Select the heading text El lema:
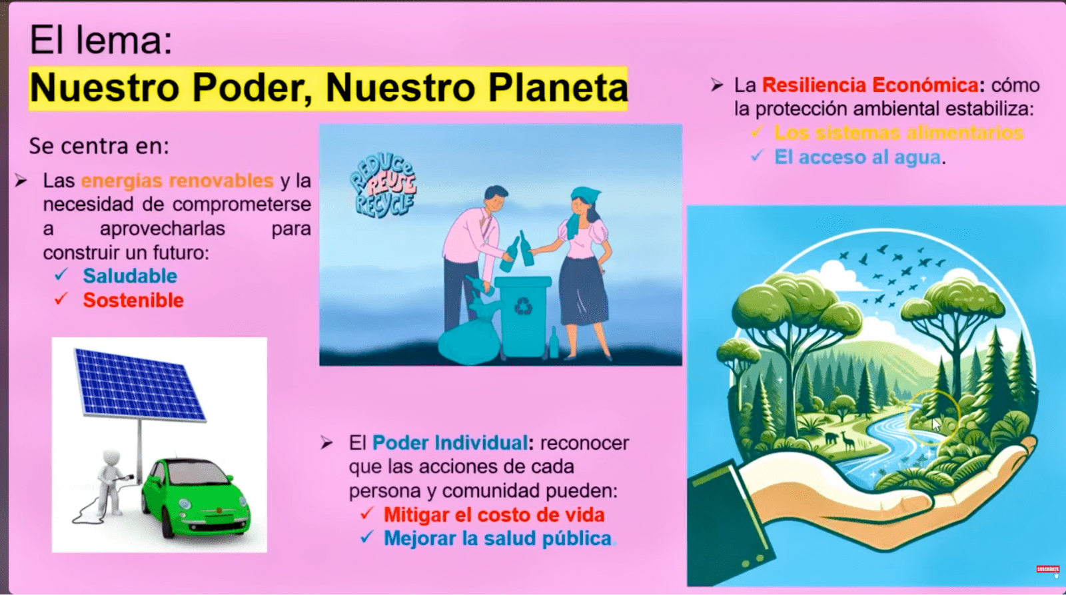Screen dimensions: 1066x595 click(101, 41)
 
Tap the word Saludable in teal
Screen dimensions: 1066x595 click(130, 276)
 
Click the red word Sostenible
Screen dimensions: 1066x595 click(133, 300)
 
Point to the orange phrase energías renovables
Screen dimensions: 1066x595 click(177, 181)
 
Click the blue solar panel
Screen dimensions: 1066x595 click(139, 384)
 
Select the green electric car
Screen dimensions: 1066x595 click(196, 498)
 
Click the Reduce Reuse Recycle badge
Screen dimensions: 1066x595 click(383, 186)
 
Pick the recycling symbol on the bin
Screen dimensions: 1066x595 click(523, 306)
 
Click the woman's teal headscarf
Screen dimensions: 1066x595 click(583, 205)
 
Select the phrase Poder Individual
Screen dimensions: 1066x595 click(450, 443)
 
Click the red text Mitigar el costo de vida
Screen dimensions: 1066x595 click(494, 515)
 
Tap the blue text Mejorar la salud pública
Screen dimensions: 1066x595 click(497, 538)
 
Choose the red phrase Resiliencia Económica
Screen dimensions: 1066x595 click(870, 85)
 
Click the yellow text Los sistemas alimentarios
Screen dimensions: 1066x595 click(899, 133)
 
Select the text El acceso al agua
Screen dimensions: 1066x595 click(857, 157)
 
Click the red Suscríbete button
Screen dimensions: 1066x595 click(1047, 569)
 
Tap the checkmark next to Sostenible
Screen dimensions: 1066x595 click(61, 298)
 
